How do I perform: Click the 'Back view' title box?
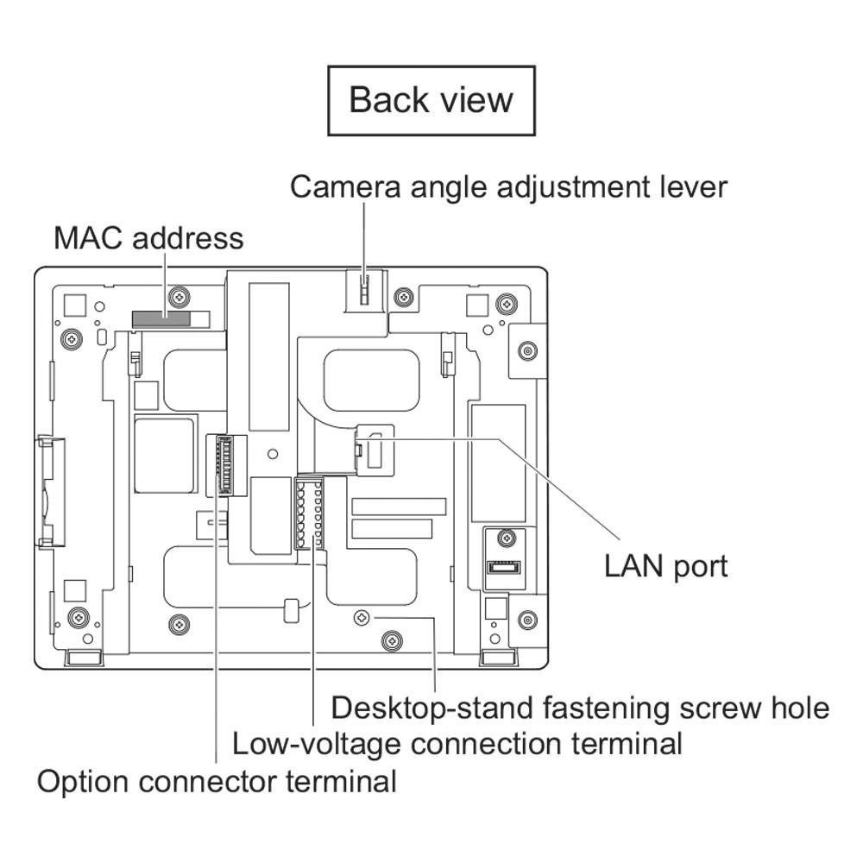point(431,101)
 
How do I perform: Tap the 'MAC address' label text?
point(148,238)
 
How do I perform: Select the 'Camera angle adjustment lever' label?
point(508,187)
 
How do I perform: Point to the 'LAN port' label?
point(666,566)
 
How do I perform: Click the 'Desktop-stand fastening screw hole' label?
point(580,708)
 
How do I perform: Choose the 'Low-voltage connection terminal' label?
point(457,744)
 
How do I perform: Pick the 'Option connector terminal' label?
point(217,782)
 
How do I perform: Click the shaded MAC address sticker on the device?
point(161,319)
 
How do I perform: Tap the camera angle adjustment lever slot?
point(363,288)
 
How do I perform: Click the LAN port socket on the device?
point(375,449)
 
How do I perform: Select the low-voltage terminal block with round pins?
point(309,513)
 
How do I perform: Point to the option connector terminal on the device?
point(225,464)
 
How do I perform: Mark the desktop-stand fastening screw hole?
point(361,618)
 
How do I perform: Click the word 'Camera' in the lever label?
point(345,187)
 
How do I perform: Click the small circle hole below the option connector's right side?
point(272,454)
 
